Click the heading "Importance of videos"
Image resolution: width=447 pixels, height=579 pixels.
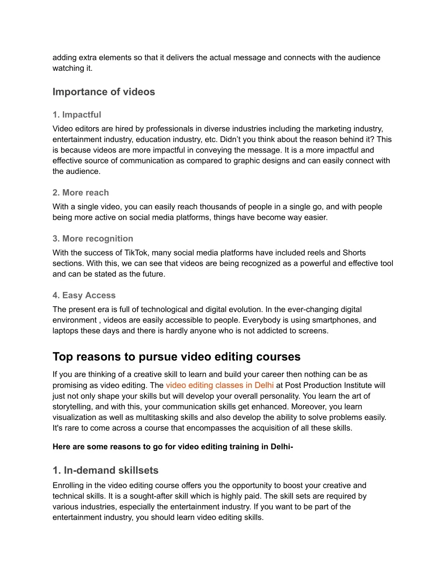(103, 92)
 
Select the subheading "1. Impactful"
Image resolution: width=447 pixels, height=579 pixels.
(76, 114)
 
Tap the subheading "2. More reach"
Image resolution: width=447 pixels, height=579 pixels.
(80, 193)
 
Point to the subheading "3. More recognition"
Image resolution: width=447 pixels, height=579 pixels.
(93, 239)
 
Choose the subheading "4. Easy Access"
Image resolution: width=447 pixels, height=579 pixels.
(84, 295)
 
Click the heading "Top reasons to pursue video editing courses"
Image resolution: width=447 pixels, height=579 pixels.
(176, 357)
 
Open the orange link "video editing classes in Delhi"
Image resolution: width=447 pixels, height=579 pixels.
(220, 385)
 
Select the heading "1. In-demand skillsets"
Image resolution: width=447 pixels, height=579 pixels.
(105, 470)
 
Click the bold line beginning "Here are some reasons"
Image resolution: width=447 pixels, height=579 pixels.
(172, 447)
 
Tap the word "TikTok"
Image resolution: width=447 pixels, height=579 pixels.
(136, 253)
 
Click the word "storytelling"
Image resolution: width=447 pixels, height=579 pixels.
(72, 407)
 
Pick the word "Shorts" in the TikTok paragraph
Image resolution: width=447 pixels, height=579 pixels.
(354, 253)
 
